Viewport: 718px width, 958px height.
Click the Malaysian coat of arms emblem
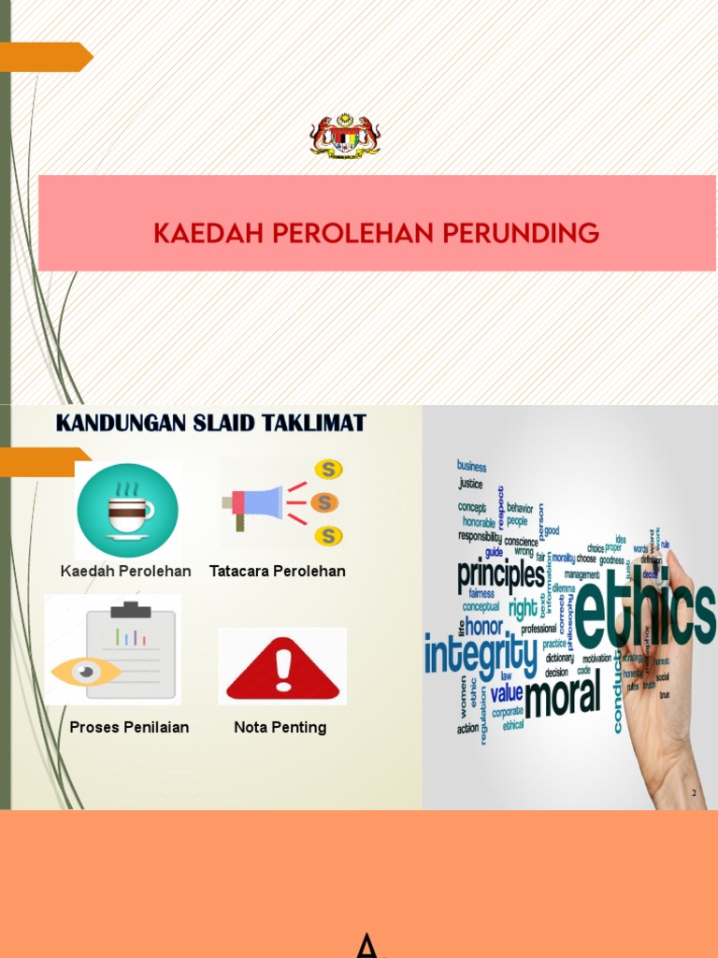click(345, 136)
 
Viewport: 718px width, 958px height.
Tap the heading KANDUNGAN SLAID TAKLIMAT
click(211, 423)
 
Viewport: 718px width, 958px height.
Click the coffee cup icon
click(127, 511)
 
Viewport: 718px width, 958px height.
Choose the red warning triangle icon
click(282, 666)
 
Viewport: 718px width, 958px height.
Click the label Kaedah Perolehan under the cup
click(126, 571)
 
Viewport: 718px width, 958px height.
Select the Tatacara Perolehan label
click(278, 571)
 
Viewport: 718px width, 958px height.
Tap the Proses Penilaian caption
click(129, 727)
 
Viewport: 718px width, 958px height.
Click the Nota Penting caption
click(280, 727)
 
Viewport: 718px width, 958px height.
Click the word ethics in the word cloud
click(643, 614)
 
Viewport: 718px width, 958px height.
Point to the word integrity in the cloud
click(481, 653)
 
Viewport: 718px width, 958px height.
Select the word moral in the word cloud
click(563, 696)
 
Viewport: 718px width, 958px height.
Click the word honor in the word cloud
click(484, 627)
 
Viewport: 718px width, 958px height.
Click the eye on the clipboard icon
click(84, 671)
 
